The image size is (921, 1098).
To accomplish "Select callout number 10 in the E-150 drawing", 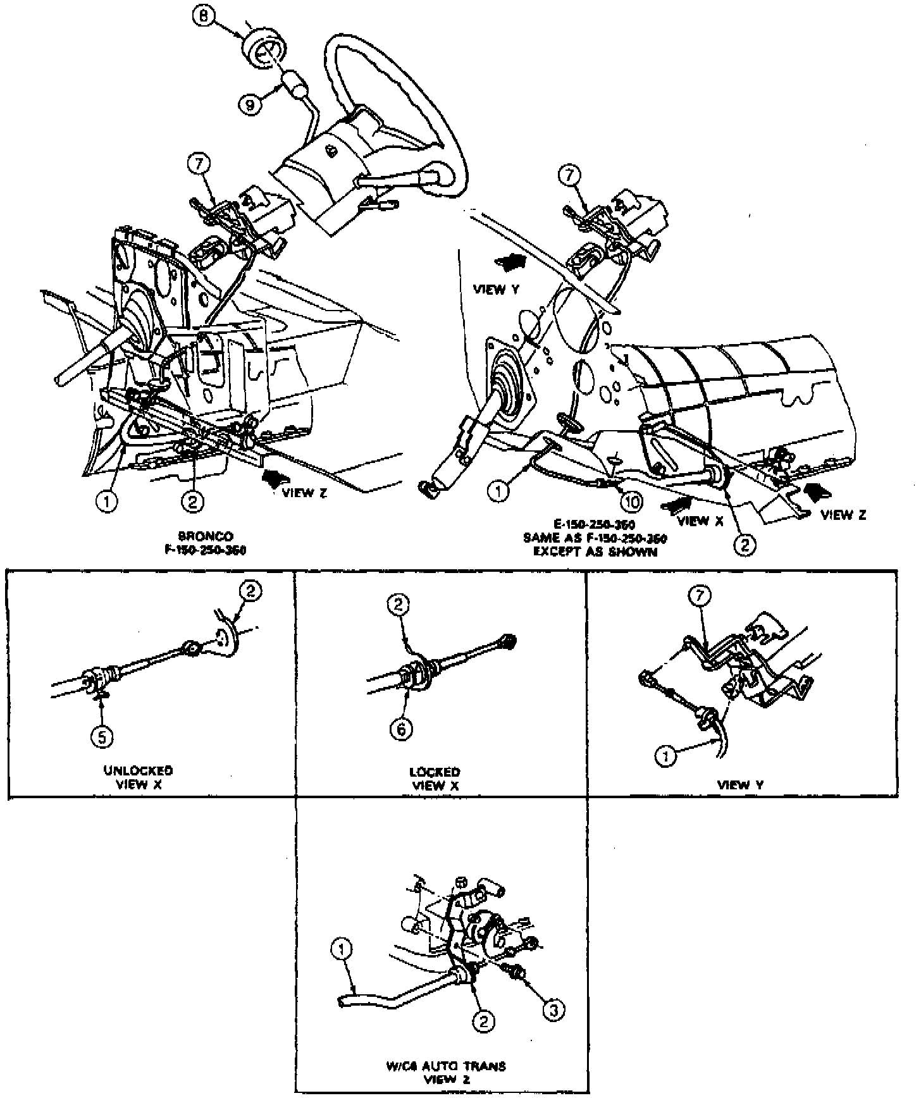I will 631,502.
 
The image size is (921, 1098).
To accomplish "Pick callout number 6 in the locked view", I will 401,729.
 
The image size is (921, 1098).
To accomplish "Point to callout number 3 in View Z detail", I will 553,1009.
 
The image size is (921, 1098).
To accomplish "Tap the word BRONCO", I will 206,536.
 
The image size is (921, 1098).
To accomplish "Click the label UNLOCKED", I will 139,771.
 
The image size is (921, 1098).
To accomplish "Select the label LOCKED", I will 435,772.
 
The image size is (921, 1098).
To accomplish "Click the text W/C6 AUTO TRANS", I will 445,1066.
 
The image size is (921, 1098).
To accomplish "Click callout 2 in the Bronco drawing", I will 192,502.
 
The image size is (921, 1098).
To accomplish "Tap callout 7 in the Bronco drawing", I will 199,164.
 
